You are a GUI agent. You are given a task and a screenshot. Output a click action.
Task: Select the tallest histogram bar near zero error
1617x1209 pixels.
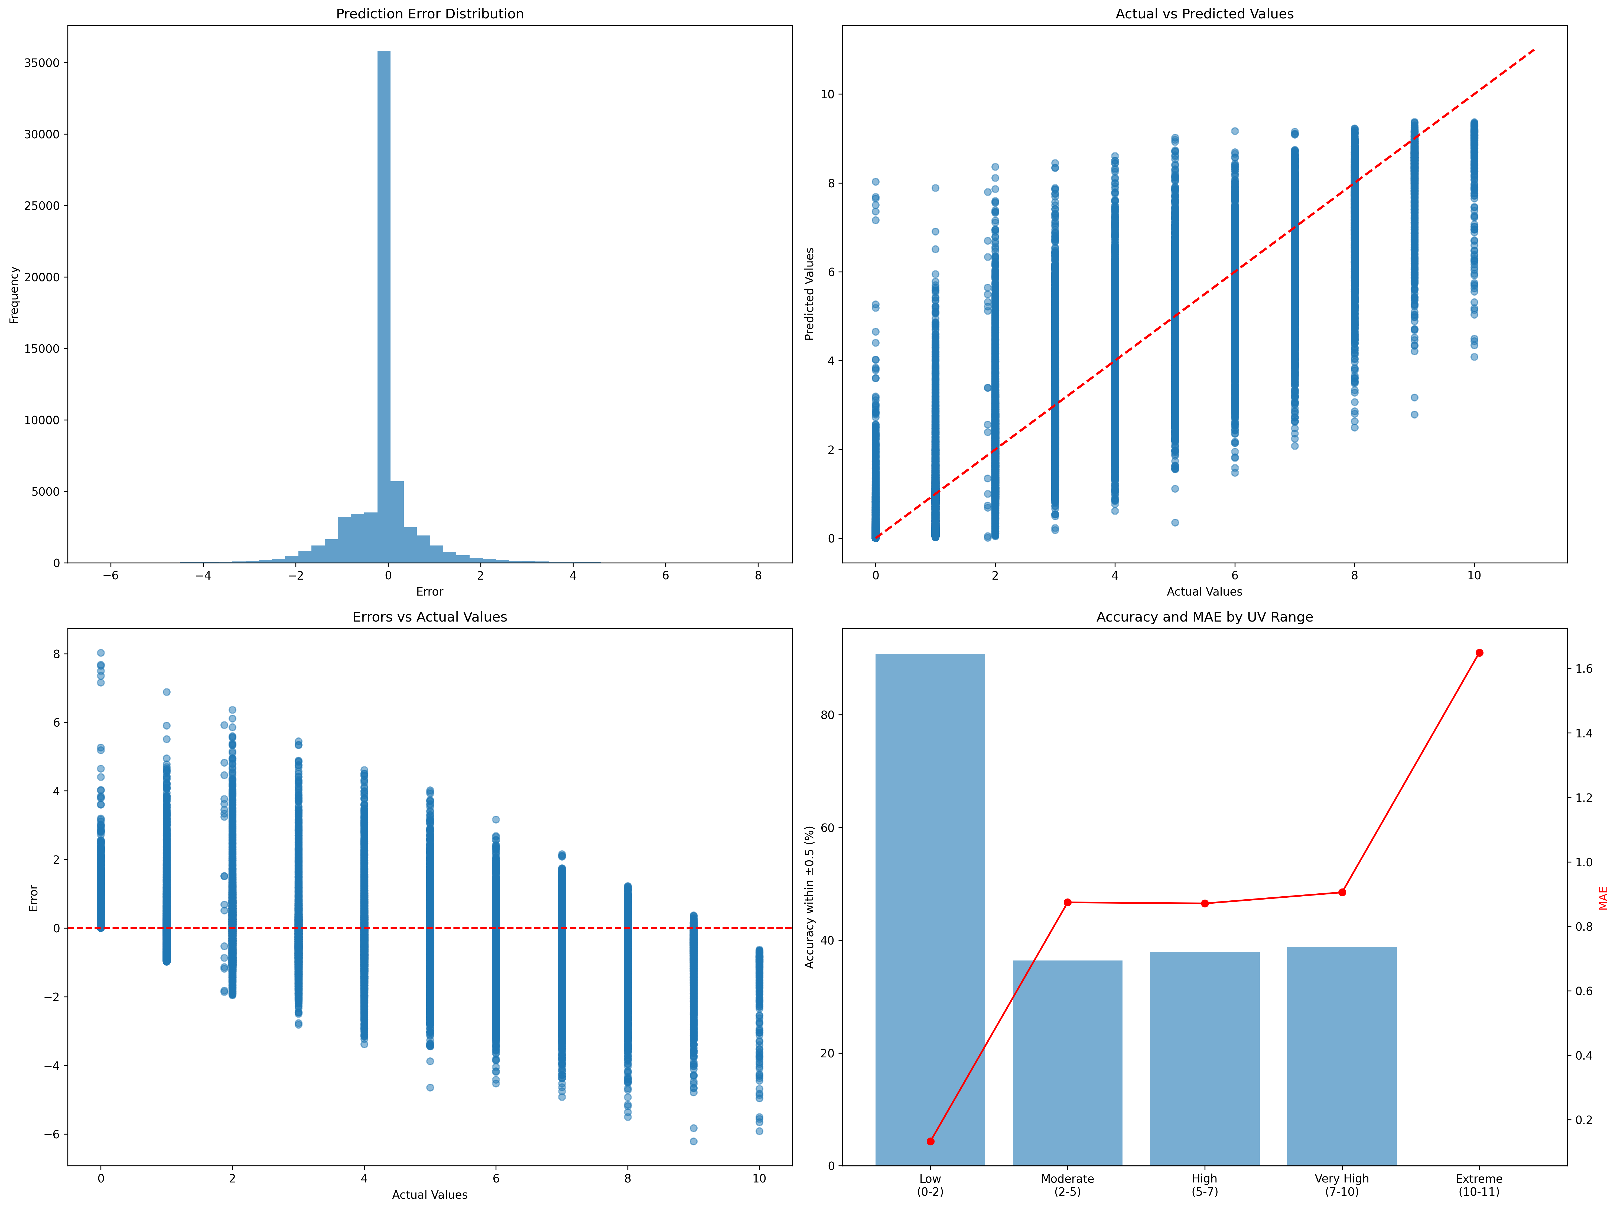coord(384,307)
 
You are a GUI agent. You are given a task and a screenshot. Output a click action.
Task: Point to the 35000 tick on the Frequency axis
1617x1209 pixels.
coord(42,63)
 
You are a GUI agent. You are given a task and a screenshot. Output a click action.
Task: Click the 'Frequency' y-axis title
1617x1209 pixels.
coord(14,295)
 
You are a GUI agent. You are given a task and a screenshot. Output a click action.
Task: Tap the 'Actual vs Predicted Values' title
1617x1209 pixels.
coord(1204,14)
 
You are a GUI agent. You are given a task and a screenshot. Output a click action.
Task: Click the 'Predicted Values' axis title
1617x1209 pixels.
coord(809,294)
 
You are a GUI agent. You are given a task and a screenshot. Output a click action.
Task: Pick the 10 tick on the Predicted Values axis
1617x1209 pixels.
coord(827,94)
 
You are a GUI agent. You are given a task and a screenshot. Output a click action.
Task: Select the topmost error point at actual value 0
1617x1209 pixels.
coord(101,653)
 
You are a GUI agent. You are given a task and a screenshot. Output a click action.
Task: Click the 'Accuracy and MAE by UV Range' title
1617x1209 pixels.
coord(1204,617)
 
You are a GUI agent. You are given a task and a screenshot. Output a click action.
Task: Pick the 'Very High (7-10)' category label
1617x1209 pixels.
coord(1341,1185)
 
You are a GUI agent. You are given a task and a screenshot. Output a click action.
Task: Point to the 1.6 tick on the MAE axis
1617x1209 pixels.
coord(1583,669)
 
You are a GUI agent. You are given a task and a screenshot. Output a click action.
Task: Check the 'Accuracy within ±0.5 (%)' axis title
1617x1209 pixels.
coord(809,897)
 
